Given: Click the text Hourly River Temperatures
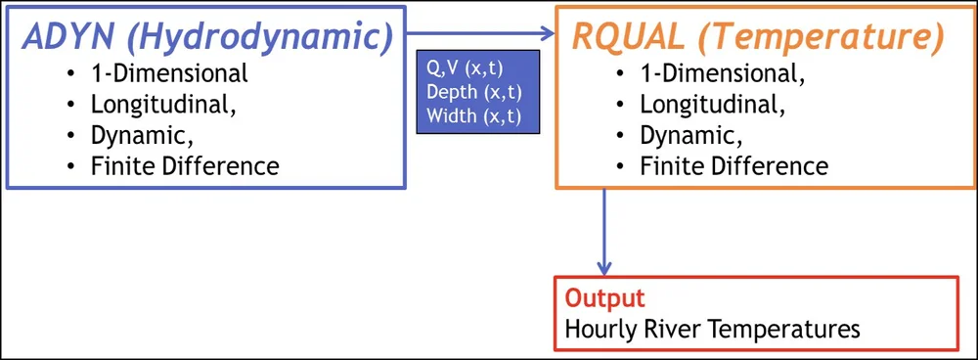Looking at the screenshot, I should tap(712, 328).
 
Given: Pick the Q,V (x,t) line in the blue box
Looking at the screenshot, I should tap(465, 68).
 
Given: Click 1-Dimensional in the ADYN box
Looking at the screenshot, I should tap(169, 72).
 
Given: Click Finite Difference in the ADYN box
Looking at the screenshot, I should tap(185, 165).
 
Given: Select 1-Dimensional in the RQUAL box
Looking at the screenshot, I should tap(723, 72).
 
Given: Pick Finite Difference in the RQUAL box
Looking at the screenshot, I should tap(733, 165).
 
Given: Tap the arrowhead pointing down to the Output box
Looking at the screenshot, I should tap(604, 266).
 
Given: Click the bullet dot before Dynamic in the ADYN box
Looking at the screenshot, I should tap(71, 135).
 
